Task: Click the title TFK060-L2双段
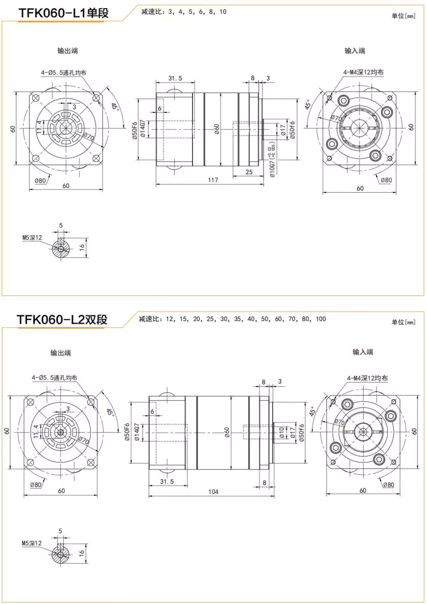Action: tap(62, 320)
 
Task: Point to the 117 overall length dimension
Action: tap(213, 180)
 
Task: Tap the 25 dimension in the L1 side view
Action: tap(249, 172)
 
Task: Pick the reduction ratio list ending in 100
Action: tap(232, 319)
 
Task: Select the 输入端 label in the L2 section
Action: tap(363, 352)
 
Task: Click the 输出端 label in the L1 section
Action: tap(67, 51)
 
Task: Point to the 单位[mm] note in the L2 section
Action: tap(404, 322)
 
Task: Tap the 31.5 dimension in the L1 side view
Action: tap(175, 78)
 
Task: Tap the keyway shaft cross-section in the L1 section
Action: tap(61, 249)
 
